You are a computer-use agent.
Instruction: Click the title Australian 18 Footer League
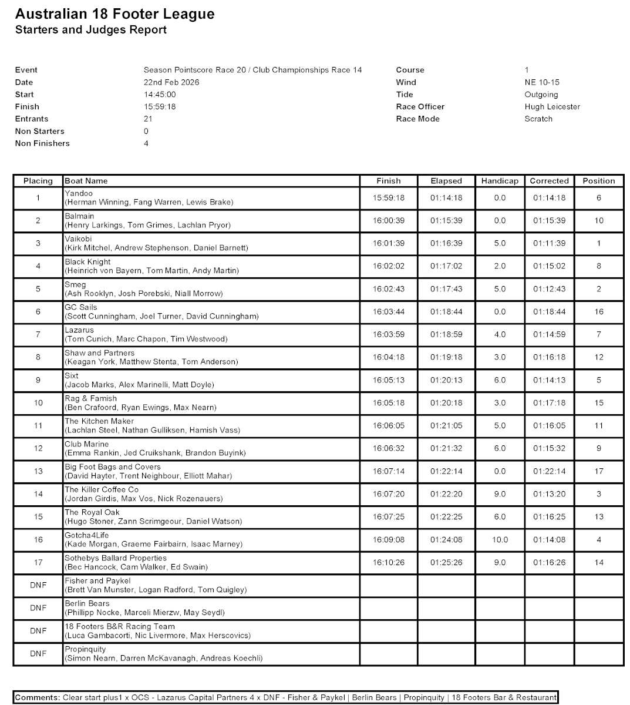coord(114,14)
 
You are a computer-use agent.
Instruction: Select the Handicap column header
coord(500,181)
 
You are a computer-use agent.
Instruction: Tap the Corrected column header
coord(549,181)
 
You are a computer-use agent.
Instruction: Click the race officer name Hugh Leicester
coord(552,107)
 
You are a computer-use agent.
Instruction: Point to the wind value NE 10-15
coord(542,82)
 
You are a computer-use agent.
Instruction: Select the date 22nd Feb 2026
coord(171,82)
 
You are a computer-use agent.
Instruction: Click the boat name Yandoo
coord(79,193)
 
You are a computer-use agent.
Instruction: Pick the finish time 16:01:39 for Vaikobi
coord(388,244)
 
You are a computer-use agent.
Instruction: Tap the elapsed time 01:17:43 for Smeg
coord(446,289)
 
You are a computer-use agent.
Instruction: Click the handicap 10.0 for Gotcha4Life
coord(500,540)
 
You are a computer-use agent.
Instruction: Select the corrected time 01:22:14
coord(549,471)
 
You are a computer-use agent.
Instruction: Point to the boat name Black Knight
coord(87,262)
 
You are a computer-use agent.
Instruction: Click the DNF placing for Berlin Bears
coord(38,608)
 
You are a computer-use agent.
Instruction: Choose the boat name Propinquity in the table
coord(85,649)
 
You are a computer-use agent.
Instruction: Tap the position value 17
coord(598,471)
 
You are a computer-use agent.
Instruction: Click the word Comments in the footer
coord(37,697)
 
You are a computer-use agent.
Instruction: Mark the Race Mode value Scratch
coord(538,119)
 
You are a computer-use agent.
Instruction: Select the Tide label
coord(405,95)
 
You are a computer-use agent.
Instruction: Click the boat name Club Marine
coord(86,444)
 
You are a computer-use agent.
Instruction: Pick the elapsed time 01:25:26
coord(446,563)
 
